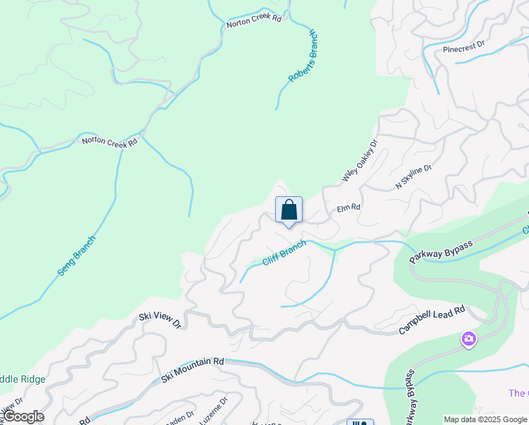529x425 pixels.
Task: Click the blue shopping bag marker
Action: pyautogui.click(x=289, y=210)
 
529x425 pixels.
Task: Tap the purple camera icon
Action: pyautogui.click(x=468, y=340)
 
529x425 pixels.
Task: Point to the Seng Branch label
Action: pyautogui.click(x=76, y=256)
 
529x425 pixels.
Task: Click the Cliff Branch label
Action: pyautogui.click(x=284, y=252)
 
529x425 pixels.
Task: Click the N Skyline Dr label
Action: pyautogui.click(x=413, y=174)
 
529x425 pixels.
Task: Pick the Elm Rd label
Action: pyautogui.click(x=349, y=208)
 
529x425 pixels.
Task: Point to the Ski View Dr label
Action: pyautogui.click(x=160, y=320)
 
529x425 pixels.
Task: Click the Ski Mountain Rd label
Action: pyautogui.click(x=192, y=369)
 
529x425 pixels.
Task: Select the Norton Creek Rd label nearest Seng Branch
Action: pyautogui.click(x=109, y=141)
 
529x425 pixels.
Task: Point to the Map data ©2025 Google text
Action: pyautogui.click(x=486, y=419)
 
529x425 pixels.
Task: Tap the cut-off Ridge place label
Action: pyautogui.click(x=23, y=379)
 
